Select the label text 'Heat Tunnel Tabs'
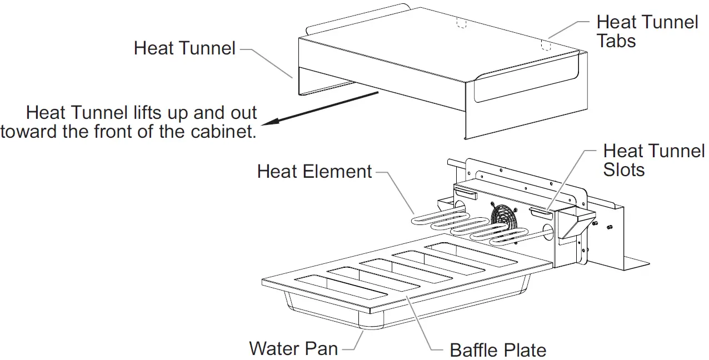pos(647,31)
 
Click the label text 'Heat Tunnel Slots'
pos(653,160)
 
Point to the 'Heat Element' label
pos(314,171)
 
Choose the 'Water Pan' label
pos(293,348)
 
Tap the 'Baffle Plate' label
pos(497,350)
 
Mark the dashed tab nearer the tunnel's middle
pos(460,22)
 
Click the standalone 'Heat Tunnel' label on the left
pos(184,48)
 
